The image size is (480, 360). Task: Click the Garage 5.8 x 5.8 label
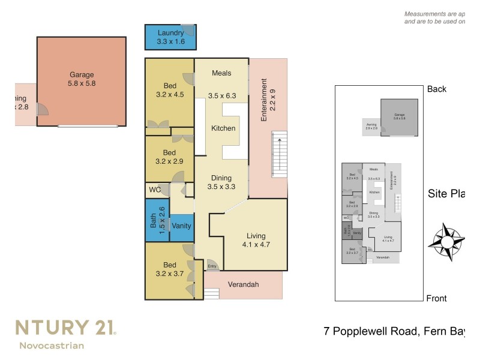tap(82, 80)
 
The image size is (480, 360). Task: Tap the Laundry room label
tap(170, 37)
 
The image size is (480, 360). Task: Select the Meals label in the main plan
tap(221, 73)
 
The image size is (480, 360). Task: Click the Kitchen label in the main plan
tap(223, 128)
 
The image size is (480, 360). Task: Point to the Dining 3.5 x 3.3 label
tap(221, 182)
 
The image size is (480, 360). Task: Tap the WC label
tap(155, 190)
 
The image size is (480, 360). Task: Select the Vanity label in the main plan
tap(181, 226)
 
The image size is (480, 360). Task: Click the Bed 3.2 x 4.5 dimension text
tap(170, 94)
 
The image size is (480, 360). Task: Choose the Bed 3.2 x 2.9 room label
tap(169, 157)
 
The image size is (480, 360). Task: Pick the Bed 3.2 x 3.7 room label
tap(169, 269)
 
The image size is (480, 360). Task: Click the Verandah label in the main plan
tap(243, 284)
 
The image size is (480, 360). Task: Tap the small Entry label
tap(212, 266)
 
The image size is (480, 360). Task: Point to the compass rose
tap(446, 242)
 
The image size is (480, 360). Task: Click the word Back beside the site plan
tap(437, 89)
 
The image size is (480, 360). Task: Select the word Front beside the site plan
tap(436, 298)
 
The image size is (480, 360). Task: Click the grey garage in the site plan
tap(399, 117)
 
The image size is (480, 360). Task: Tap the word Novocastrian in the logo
tap(52, 345)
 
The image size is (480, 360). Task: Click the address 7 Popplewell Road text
tap(373, 331)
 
